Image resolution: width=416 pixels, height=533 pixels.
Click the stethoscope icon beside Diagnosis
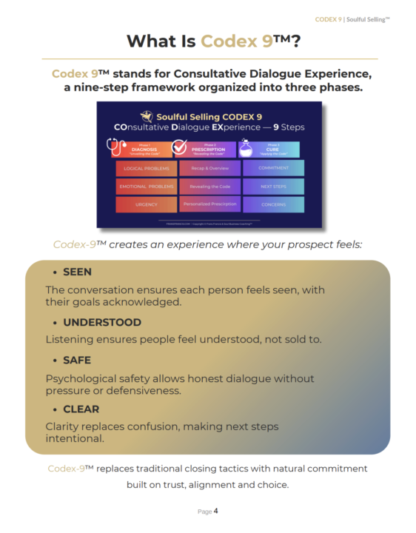tap(117, 147)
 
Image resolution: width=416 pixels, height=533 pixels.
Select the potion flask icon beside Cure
tap(245, 148)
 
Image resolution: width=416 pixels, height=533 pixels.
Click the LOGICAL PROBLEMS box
tap(146, 168)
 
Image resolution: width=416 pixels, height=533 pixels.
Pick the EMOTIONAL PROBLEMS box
tap(146, 186)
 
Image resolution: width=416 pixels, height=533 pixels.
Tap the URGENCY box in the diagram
tap(146, 204)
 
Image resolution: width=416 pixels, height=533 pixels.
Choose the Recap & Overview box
tap(209, 168)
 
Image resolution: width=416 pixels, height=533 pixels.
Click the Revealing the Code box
tap(209, 186)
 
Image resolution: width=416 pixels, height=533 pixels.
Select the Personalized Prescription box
tap(209, 204)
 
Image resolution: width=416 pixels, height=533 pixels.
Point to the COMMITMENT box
tap(273, 168)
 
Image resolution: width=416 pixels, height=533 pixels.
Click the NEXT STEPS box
tap(273, 186)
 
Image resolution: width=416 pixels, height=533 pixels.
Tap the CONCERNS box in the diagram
tap(273, 204)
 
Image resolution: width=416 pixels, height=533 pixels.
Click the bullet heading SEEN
tap(77, 272)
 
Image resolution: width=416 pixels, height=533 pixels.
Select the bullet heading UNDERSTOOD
tap(101, 323)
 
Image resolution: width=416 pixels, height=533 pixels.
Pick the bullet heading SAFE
tap(77, 361)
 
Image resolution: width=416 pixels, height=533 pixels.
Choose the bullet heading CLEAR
tap(81, 409)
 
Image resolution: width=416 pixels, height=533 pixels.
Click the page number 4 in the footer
tap(215, 511)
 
